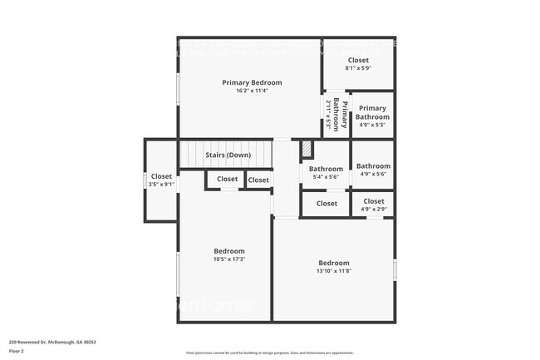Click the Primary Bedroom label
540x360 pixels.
point(252,82)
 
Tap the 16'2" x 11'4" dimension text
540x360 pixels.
point(252,91)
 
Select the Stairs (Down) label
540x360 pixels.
point(228,155)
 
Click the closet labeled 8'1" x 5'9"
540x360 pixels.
point(358,64)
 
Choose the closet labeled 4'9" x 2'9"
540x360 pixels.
point(373,205)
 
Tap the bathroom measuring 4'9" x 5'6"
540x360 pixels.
point(373,170)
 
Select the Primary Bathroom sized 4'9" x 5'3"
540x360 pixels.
point(373,117)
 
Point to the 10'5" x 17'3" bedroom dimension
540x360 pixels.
point(229,259)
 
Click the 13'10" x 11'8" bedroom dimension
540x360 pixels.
point(333,271)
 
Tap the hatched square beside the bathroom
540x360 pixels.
point(307,148)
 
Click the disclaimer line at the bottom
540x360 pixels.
point(269,353)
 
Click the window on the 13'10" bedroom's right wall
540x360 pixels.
point(395,269)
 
